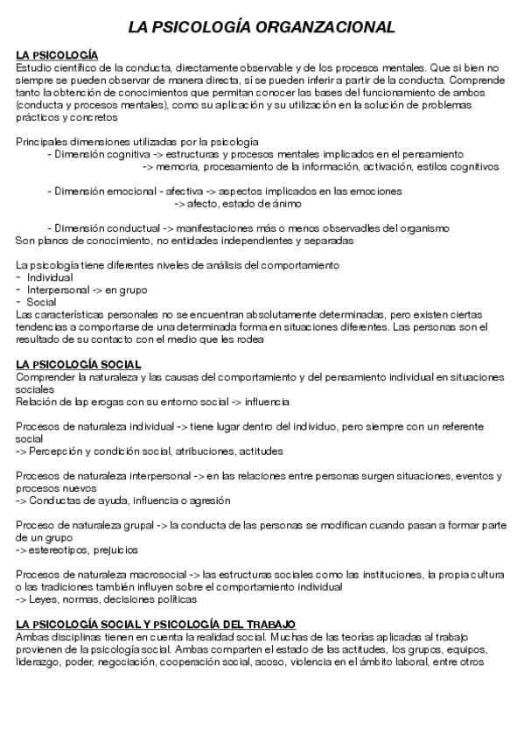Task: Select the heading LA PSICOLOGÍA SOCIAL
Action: tap(79, 364)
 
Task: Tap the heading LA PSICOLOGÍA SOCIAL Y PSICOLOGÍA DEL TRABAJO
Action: tap(156, 624)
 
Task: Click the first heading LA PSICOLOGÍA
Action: tap(57, 55)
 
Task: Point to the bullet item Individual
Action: tap(50, 276)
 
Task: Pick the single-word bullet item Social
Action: tap(41, 301)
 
